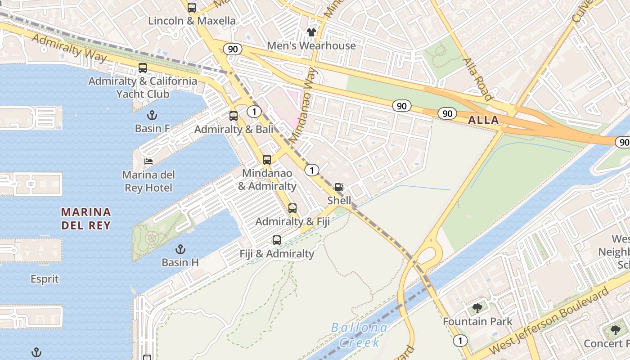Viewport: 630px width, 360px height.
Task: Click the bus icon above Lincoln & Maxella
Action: point(192,8)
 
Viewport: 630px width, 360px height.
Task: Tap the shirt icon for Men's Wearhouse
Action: point(311,32)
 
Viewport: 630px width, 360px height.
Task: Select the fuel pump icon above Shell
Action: point(339,187)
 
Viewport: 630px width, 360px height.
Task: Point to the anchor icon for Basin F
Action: point(152,115)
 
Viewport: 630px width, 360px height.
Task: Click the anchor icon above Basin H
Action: point(180,249)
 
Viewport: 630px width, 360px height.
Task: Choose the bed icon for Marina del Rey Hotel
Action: point(148,161)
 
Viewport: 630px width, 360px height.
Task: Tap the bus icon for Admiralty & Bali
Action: point(234,116)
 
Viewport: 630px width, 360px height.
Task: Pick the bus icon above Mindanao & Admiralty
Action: point(267,160)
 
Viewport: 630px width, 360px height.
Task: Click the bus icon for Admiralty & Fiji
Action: point(292,208)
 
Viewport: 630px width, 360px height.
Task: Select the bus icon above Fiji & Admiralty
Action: point(277,240)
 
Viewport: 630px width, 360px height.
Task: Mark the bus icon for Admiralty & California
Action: point(143,68)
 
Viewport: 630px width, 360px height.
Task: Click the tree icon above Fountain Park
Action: point(477,308)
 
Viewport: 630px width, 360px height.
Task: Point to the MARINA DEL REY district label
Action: point(86,218)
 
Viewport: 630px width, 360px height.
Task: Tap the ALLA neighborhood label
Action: point(483,120)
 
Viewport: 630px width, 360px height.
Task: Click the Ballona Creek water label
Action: point(359,335)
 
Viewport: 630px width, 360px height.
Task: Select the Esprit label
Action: point(45,279)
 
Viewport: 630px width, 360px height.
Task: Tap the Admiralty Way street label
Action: point(69,48)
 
